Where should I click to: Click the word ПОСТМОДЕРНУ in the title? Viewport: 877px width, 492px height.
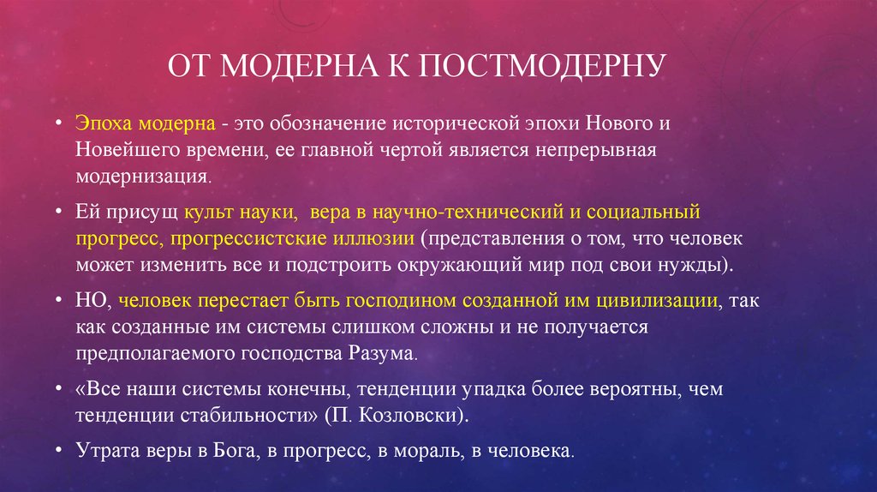[542, 65]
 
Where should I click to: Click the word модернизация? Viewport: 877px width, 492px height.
[142, 177]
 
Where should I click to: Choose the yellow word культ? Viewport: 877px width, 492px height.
[208, 212]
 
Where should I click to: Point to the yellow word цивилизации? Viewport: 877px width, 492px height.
[657, 301]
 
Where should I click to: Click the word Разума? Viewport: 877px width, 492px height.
[381, 354]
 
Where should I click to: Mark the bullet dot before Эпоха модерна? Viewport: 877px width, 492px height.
[59, 122]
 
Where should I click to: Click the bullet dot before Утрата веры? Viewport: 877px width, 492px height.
[59, 449]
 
